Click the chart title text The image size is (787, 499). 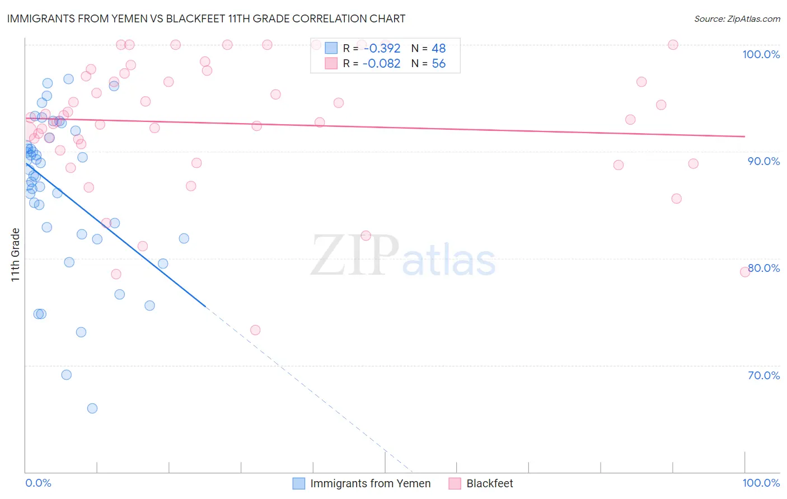click(206, 18)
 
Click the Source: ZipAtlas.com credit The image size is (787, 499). click(737, 19)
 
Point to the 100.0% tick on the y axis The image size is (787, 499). click(761, 54)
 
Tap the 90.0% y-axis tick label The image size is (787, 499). click(763, 161)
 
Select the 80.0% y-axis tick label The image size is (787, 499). click(763, 268)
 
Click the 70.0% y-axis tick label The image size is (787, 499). click(763, 375)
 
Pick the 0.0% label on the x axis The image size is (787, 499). click(38, 483)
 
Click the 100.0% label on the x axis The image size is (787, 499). click(761, 483)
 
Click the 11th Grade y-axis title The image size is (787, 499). click(16, 255)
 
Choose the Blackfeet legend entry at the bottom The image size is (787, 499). click(489, 483)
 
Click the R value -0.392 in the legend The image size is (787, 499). click(382, 49)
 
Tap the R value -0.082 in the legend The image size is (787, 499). click(382, 64)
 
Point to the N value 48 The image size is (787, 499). click(438, 49)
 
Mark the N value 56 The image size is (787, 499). click(438, 64)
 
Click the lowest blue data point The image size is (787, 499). click(92, 408)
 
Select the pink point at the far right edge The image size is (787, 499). click(745, 272)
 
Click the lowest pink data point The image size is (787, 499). click(255, 330)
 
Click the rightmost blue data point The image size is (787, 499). click(184, 238)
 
